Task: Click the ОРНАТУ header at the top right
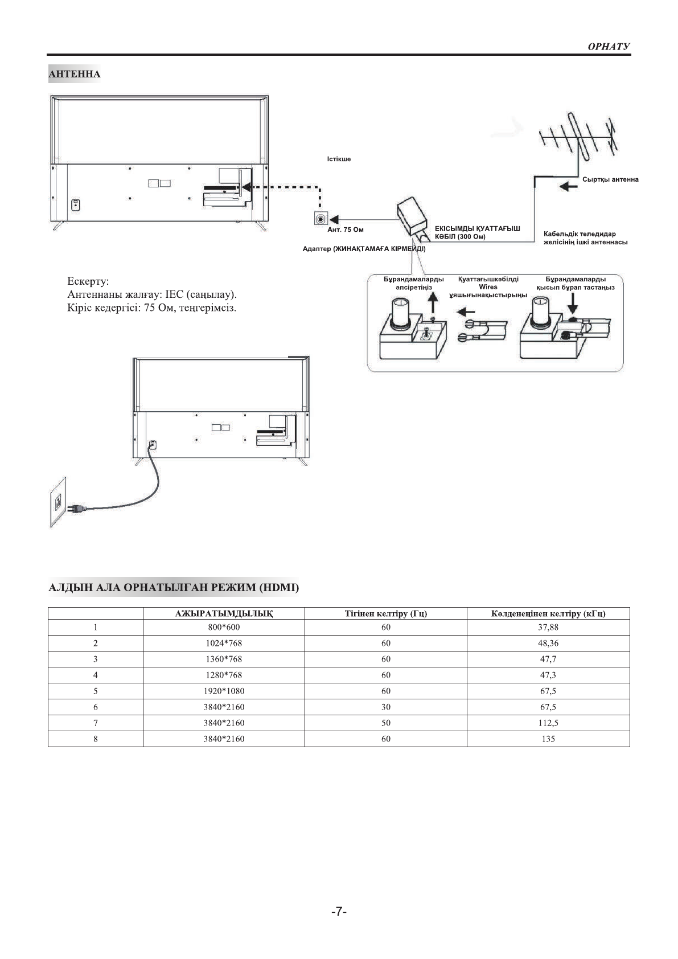point(609,47)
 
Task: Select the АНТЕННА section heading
point(75,74)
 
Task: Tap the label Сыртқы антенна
point(610,179)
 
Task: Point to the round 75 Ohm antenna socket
point(320,218)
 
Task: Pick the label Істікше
point(339,159)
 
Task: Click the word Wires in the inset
point(488,288)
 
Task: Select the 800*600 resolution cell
point(224,628)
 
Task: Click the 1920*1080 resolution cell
point(224,691)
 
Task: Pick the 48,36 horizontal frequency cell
point(548,644)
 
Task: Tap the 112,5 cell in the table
point(548,723)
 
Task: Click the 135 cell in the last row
point(548,739)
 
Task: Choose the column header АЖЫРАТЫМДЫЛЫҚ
point(224,613)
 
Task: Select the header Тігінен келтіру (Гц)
point(385,613)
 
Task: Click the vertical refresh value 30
point(385,707)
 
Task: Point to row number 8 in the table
point(95,739)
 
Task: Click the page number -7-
point(339,911)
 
